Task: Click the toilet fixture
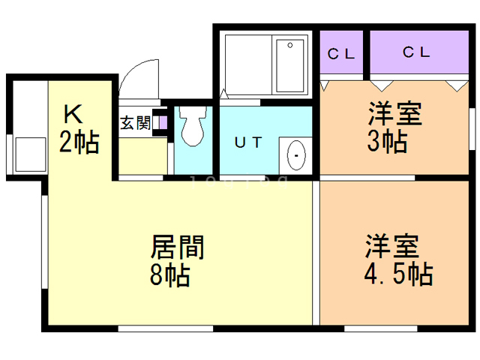[x=193, y=126]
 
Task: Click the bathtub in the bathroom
[x=289, y=65]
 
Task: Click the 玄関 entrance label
[x=136, y=123]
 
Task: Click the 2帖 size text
[x=79, y=142]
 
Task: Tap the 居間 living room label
[x=178, y=247]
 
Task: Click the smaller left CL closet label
[x=342, y=53]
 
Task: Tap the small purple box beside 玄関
[x=162, y=123]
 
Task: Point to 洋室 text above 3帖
[x=394, y=114]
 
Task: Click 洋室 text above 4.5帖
[x=392, y=247]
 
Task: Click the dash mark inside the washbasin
[x=296, y=155]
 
